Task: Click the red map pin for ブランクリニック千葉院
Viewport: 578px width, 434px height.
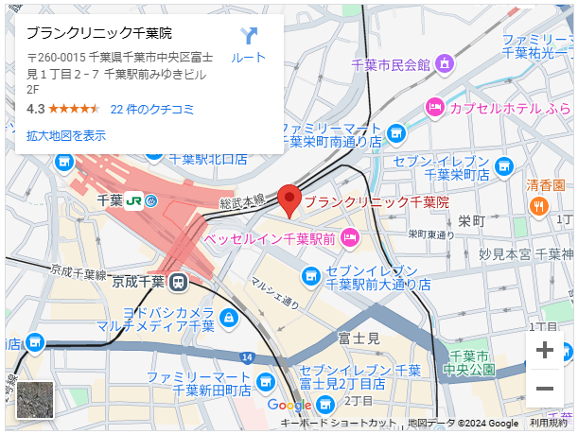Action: click(x=291, y=200)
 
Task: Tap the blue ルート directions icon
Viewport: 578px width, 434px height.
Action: click(x=249, y=38)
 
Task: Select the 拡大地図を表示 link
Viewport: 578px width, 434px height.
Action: click(x=66, y=135)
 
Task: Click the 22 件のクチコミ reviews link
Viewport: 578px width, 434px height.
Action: click(x=152, y=109)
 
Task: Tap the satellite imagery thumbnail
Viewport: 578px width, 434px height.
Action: click(x=35, y=399)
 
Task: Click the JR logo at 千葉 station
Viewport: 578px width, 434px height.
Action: click(x=135, y=200)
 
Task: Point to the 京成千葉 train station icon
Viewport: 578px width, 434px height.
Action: click(x=178, y=281)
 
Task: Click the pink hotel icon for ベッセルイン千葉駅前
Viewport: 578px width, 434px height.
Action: click(x=349, y=236)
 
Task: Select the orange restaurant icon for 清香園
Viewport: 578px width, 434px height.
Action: click(x=538, y=205)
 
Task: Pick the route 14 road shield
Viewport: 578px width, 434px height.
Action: click(x=246, y=356)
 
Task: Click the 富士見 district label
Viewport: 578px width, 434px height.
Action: click(x=359, y=338)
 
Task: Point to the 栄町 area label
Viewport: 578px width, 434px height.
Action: click(x=471, y=220)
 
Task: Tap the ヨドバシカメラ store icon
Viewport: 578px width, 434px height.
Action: click(x=228, y=319)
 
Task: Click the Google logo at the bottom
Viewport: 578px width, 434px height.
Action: click(x=289, y=405)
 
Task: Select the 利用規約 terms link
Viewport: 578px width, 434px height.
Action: click(x=548, y=423)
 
